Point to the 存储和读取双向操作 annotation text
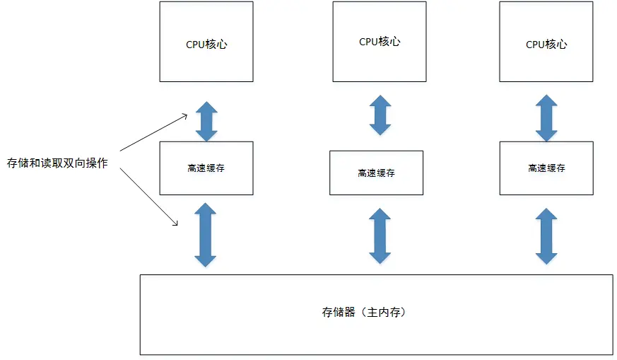pyautogui.click(x=57, y=163)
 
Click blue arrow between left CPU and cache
pyautogui.click(x=206, y=121)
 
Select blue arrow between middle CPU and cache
pyautogui.click(x=380, y=115)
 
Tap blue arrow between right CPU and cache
pyautogui.click(x=546, y=119)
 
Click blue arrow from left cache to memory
pyautogui.click(x=206, y=235)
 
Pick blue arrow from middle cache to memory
pyautogui.click(x=380, y=236)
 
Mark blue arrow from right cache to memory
pyautogui.click(x=546, y=236)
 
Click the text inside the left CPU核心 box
pyautogui.click(x=206, y=45)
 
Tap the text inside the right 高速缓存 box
pyautogui.click(x=546, y=168)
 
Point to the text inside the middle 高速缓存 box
pyautogui.click(x=376, y=173)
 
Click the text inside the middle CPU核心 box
pyautogui.click(x=380, y=42)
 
